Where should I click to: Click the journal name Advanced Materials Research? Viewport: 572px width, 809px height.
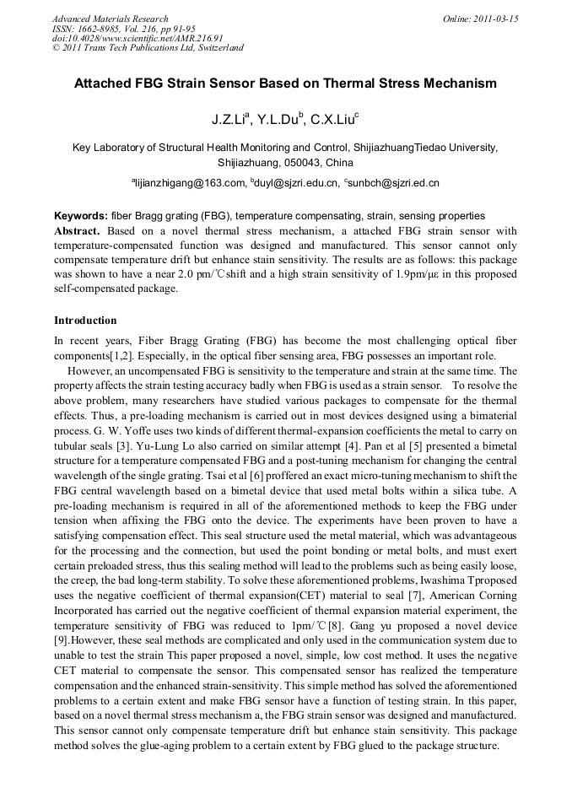click(x=111, y=19)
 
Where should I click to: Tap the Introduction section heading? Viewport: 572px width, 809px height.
click(x=85, y=321)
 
